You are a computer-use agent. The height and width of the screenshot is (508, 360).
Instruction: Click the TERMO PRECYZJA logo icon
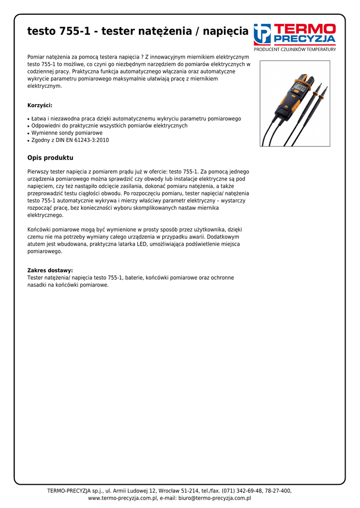[262, 34]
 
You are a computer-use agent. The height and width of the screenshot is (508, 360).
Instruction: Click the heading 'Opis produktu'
[50, 158]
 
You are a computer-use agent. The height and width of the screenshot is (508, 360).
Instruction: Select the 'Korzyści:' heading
[40, 105]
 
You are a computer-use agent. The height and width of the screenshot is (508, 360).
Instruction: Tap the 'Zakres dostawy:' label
[50, 270]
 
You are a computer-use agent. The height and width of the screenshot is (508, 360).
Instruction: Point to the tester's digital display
[299, 88]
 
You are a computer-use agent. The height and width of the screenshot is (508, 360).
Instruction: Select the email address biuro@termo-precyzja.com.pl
[215, 498]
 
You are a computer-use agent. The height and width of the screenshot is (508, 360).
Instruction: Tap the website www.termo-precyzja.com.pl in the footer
[123, 498]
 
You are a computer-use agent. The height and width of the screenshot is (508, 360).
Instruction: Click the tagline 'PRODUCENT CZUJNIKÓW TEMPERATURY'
[295, 50]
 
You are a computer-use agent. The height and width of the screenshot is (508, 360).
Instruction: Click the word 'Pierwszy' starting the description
[38, 171]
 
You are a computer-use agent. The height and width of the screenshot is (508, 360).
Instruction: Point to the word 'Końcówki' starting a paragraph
[39, 230]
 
